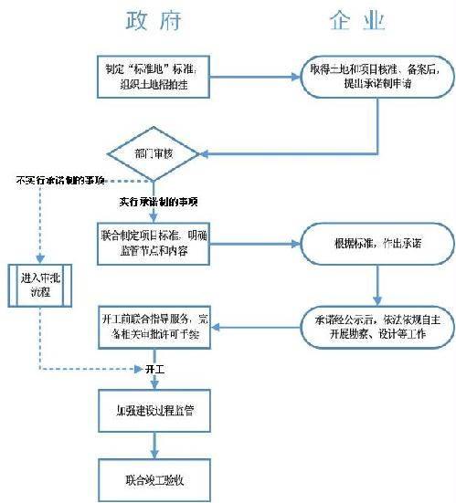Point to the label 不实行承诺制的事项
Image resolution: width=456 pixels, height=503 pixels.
(60, 181)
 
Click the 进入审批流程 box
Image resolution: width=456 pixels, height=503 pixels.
(40, 284)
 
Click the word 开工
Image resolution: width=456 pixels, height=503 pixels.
(155, 369)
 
